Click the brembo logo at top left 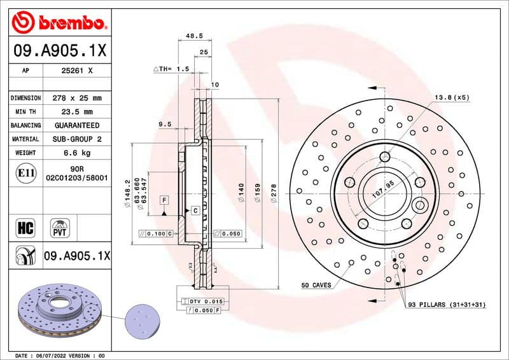click(x=58, y=23)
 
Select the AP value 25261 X click(x=76, y=71)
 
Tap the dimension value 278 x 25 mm click(x=76, y=99)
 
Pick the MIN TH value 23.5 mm click(x=76, y=112)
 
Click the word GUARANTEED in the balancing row click(x=76, y=125)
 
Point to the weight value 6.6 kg click(x=76, y=153)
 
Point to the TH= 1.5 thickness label click(x=172, y=69)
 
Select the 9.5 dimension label click(x=165, y=125)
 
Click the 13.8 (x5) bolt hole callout click(x=451, y=97)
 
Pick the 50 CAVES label click(x=316, y=286)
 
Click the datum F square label click(x=164, y=200)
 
